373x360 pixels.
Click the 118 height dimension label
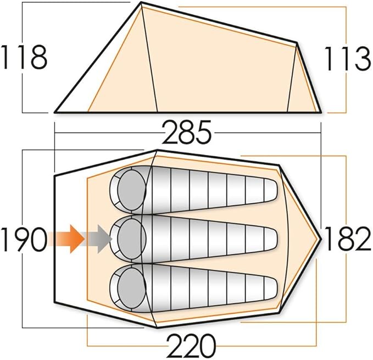coord(23,57)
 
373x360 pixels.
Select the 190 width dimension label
coord(23,240)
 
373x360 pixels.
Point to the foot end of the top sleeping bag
coord(269,190)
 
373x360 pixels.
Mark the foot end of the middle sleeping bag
coord(269,240)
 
